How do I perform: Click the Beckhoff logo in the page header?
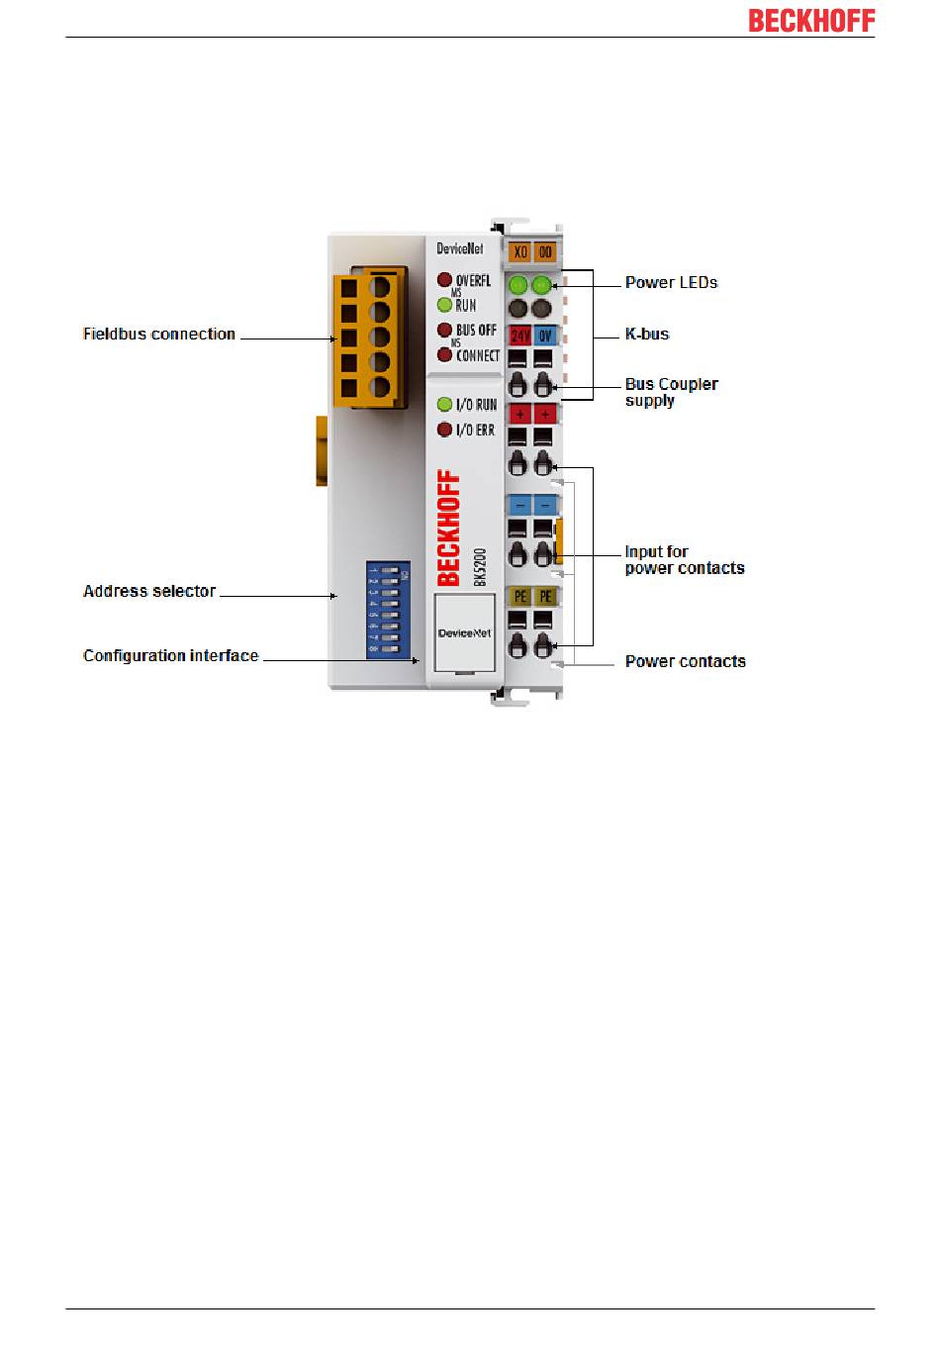[810, 21]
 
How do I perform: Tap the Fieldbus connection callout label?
[159, 335]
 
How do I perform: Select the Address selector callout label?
[149, 591]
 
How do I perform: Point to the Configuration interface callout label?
[170, 655]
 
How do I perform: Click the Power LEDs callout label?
[671, 282]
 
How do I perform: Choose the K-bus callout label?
[647, 334]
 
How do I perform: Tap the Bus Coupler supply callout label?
[671, 392]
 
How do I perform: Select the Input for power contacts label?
[684, 559]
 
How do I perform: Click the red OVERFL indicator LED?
[444, 280]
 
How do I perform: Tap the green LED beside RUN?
[444, 305]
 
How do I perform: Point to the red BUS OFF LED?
[444, 330]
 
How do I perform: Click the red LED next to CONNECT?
[444, 354]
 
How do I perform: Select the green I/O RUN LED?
[444, 404]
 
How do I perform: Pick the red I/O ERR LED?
[444, 430]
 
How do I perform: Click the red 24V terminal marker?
[519, 336]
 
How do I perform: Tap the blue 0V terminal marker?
[545, 336]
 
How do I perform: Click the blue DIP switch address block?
[388, 610]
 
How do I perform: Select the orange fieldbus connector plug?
[368, 337]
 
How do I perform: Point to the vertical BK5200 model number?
[480, 567]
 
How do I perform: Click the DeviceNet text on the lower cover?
[464, 632]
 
